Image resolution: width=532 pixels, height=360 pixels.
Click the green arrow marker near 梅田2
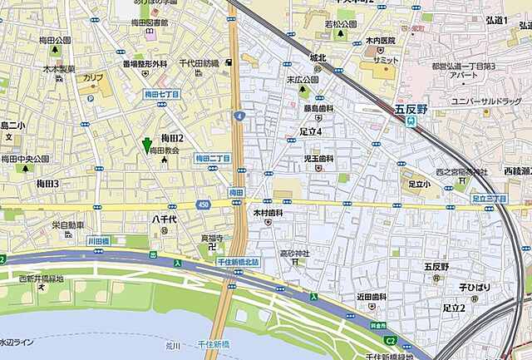[148, 145]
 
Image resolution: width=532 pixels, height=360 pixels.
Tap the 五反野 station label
[410, 108]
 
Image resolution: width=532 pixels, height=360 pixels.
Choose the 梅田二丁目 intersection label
[212, 157]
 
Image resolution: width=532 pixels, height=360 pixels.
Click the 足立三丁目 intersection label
[488, 199]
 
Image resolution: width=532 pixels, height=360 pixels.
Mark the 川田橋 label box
[98, 239]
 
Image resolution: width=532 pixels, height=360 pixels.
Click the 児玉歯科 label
[318, 158]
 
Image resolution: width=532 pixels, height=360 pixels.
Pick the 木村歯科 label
[268, 213]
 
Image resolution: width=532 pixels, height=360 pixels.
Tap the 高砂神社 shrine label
[294, 253]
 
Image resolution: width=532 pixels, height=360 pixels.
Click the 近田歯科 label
[372, 297]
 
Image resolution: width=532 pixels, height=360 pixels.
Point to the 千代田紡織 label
[199, 63]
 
